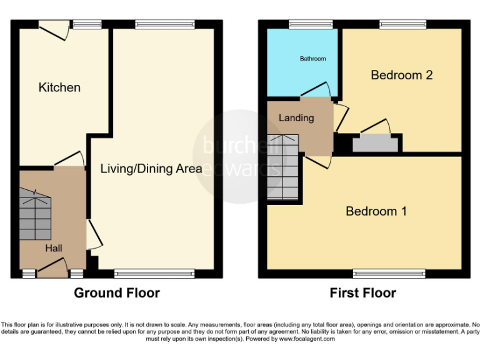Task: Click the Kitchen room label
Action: point(59,87)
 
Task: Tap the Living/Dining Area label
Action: point(151,168)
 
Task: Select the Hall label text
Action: point(54,248)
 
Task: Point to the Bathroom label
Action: point(312,59)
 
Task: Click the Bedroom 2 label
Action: point(402,75)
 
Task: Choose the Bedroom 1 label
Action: point(376,211)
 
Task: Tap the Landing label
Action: point(296,117)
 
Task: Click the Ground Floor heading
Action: point(117,292)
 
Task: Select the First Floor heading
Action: point(363,292)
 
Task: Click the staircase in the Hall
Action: point(35,216)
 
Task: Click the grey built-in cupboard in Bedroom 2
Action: point(375,144)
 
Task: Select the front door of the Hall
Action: point(52,270)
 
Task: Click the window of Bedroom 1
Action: point(389,274)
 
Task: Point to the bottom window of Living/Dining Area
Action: point(155,274)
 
